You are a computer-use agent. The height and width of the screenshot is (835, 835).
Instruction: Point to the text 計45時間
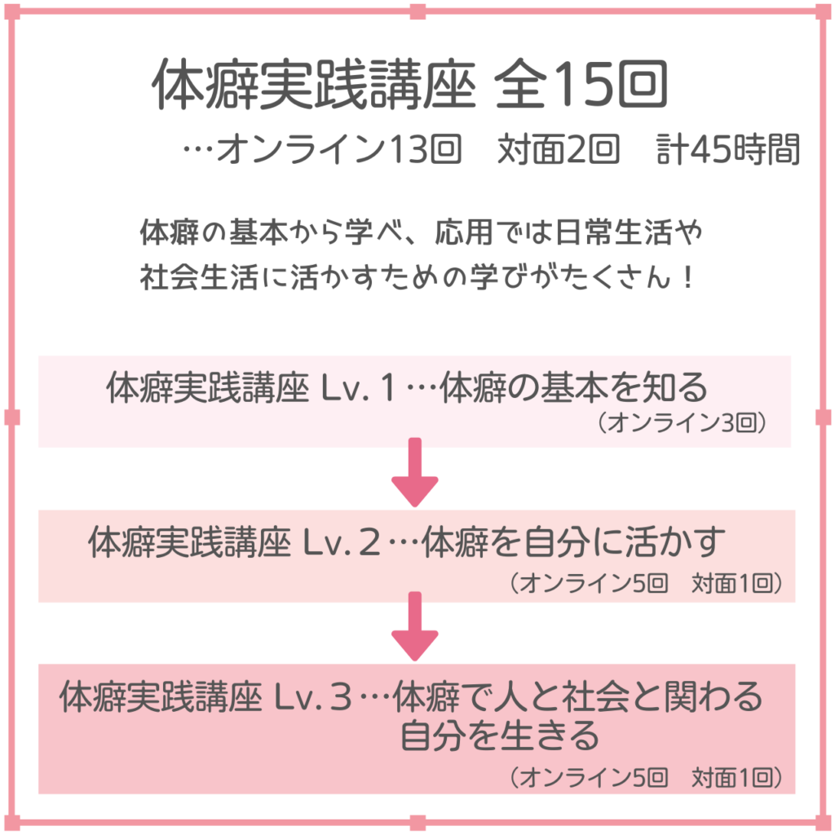pyautogui.click(x=728, y=150)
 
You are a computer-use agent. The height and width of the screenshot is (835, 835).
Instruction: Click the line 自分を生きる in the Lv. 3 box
pyautogui.click(x=499, y=736)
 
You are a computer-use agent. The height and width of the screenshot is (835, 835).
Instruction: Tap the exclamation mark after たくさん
pyautogui.click(x=686, y=278)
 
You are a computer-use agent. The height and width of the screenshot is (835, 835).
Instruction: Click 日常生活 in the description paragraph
pyautogui.click(x=619, y=234)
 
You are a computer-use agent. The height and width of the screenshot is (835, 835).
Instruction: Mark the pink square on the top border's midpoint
pyautogui.click(x=417, y=11)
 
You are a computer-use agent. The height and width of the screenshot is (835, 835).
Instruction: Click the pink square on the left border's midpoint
pyautogui.click(x=11, y=417)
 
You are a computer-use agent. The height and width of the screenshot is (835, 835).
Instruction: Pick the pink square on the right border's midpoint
pyautogui.click(x=823, y=417)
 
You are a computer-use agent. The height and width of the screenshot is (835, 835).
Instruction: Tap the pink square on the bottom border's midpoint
pyautogui.click(x=417, y=822)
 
